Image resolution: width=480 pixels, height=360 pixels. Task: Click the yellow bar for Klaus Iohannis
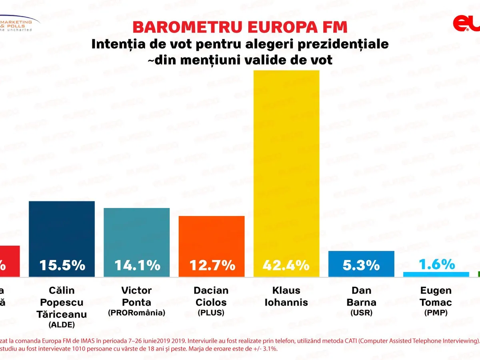click(x=286, y=160)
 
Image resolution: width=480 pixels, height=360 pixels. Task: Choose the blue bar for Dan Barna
click(x=361, y=256)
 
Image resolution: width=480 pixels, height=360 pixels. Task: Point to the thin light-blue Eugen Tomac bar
click(x=436, y=274)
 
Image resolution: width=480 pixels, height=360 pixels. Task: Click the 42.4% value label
click(x=286, y=265)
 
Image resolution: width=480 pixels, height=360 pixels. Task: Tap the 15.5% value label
click(x=62, y=265)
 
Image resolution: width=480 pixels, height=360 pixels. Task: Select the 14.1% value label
click(x=137, y=265)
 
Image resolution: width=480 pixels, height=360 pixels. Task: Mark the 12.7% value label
click(x=212, y=265)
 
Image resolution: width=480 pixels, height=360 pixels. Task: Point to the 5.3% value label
click(x=361, y=265)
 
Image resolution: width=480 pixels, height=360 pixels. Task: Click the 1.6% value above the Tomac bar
click(x=437, y=264)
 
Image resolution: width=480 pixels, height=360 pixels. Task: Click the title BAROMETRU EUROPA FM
click(x=240, y=27)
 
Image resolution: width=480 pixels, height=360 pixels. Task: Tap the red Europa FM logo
click(x=466, y=24)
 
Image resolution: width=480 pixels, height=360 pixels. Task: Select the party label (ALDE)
click(x=62, y=325)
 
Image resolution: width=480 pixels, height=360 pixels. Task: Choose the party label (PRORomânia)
click(x=136, y=313)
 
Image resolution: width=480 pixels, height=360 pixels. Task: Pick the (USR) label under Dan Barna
click(x=361, y=313)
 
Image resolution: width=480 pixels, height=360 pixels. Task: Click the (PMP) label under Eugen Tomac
click(x=436, y=313)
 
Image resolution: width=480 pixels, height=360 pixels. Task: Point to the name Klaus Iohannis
click(x=286, y=296)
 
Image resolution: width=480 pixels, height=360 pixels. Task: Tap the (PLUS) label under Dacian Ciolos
click(x=211, y=313)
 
